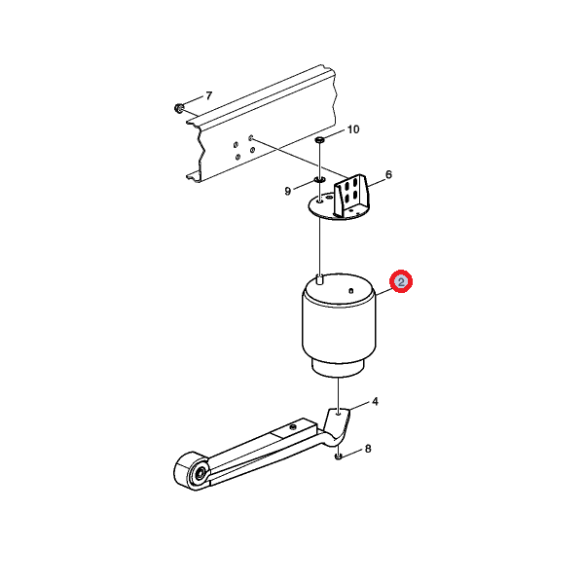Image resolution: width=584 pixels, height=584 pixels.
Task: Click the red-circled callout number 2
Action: pyautogui.click(x=401, y=281)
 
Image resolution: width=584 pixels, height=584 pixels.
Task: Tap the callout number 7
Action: pyautogui.click(x=209, y=96)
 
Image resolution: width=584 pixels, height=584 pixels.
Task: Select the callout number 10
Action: pyautogui.click(x=353, y=129)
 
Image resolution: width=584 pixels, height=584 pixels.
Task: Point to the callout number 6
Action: pyautogui.click(x=388, y=174)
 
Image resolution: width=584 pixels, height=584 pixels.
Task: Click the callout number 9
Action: pyautogui.click(x=287, y=191)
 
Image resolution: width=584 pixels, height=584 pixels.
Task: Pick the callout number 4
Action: pyautogui.click(x=375, y=401)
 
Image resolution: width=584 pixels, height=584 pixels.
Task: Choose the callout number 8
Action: pyautogui.click(x=368, y=449)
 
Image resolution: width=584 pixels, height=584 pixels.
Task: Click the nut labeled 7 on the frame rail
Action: pyautogui.click(x=179, y=108)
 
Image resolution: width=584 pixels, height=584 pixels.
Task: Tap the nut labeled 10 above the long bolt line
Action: pyautogui.click(x=320, y=140)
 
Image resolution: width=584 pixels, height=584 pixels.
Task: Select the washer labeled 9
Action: pyautogui.click(x=319, y=180)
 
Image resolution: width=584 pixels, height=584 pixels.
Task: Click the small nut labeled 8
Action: pyautogui.click(x=338, y=456)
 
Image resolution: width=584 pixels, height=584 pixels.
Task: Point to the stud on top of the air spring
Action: pyautogui.click(x=319, y=279)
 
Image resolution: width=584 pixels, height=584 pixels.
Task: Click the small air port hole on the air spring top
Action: pyautogui.click(x=350, y=291)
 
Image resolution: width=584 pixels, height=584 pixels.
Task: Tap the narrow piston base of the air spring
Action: pyautogui.click(x=338, y=368)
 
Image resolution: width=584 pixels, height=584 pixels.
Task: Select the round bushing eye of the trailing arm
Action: pyautogui.click(x=194, y=471)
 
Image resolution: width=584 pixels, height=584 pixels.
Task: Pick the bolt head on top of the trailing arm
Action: pyautogui.click(x=293, y=426)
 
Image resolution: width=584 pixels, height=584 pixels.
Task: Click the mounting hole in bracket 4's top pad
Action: pyautogui.click(x=338, y=413)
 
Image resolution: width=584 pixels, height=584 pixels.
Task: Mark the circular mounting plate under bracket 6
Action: pyautogui.click(x=338, y=206)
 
